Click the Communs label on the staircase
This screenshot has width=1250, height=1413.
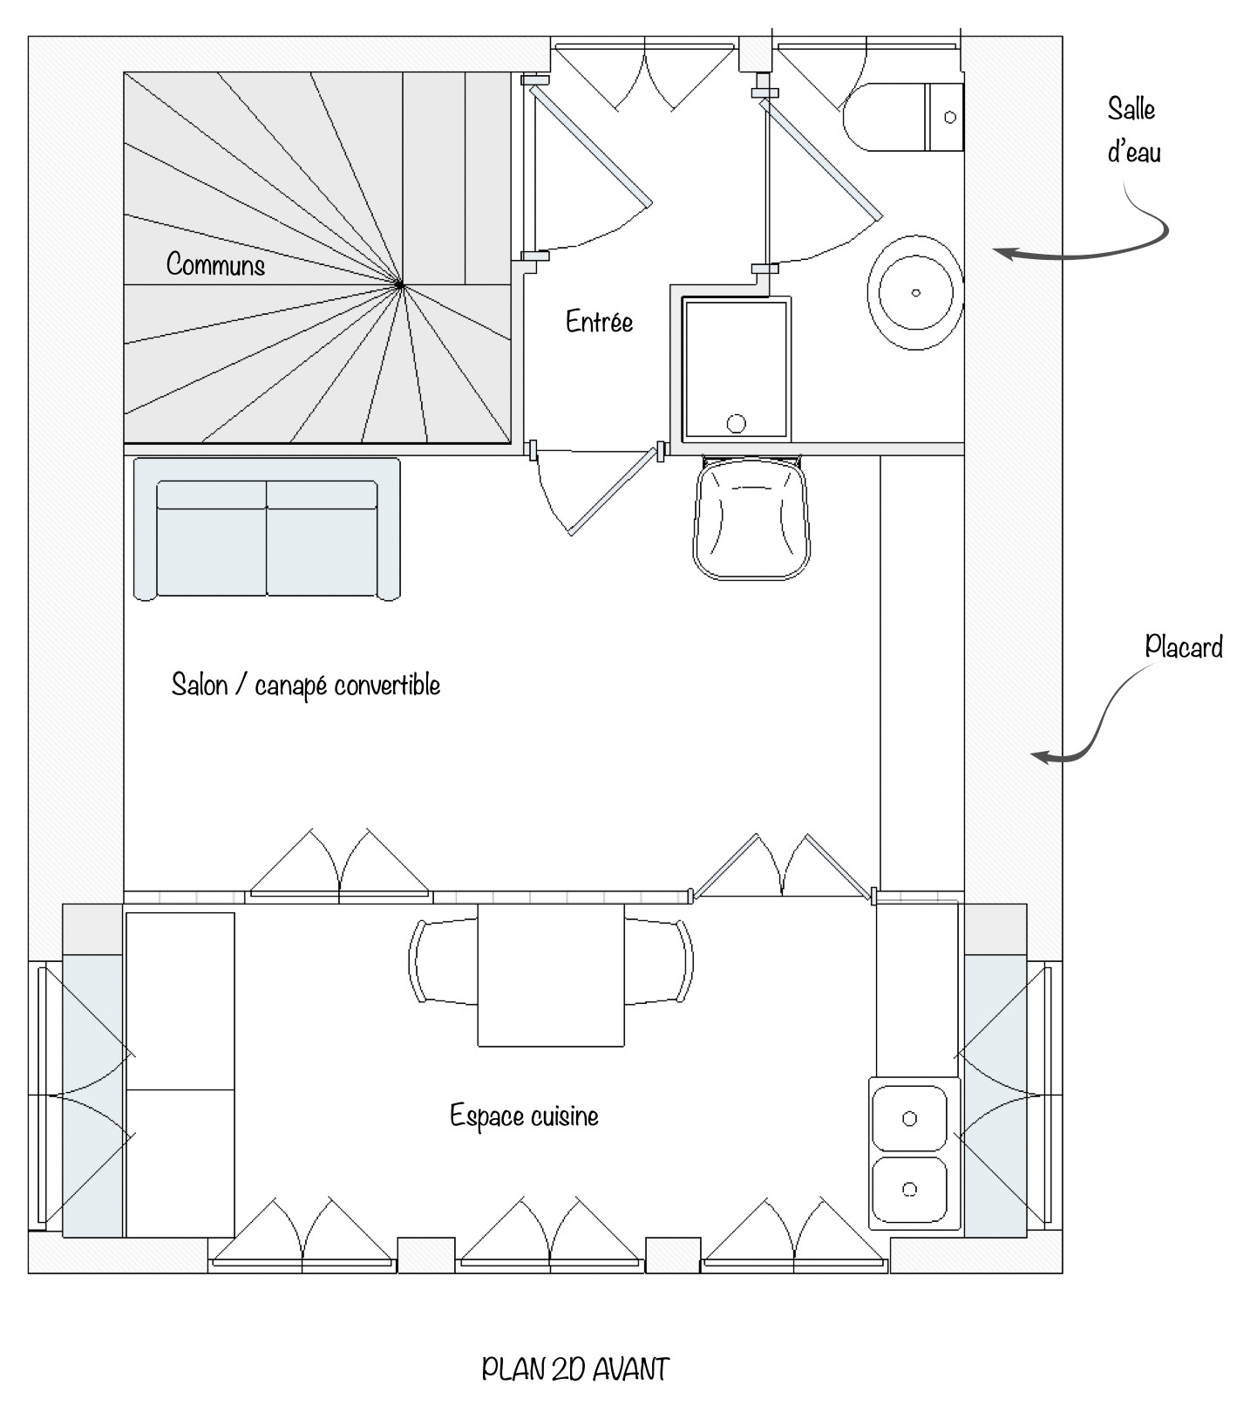215,264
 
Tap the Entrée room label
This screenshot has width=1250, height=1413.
599,321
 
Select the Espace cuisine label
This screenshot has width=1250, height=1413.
524,1116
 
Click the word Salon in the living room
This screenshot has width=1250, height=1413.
200,685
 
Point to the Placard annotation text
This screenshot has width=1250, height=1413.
1184,646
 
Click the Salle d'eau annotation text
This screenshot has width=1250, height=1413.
1133,131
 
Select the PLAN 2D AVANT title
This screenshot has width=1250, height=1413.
575,1369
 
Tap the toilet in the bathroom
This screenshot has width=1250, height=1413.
903,117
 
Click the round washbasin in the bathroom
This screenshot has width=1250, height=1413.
915,293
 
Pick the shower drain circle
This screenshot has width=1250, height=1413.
737,424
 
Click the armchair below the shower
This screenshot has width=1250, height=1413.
751,517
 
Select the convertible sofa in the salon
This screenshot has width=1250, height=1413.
267,529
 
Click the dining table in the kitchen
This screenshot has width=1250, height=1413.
551,975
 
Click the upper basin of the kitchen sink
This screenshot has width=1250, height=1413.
909,1118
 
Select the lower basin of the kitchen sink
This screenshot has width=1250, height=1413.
909,1189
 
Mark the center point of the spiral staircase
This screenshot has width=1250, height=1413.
399,284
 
